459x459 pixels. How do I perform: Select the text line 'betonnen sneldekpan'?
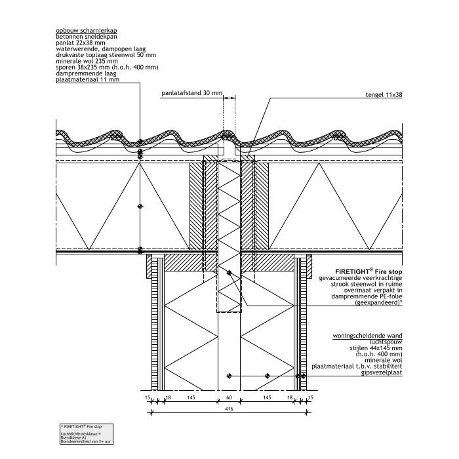tap(81, 37)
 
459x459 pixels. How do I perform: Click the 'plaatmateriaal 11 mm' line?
tap(88, 80)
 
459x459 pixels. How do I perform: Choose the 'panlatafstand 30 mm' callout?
tap(192, 94)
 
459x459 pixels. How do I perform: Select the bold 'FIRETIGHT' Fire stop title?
tap(369, 271)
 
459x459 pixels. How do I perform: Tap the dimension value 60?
tap(229, 398)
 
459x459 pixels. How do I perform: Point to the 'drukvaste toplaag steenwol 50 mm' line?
tap(96, 55)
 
